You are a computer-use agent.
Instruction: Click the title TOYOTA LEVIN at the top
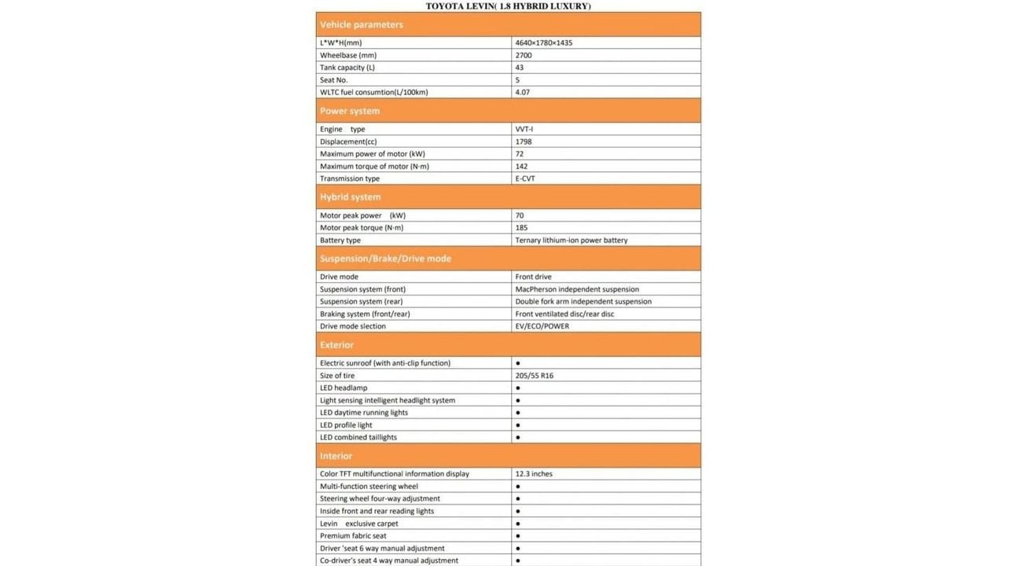tap(508, 6)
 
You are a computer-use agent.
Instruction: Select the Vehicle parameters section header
tap(362, 24)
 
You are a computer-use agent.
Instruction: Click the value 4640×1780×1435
tap(544, 42)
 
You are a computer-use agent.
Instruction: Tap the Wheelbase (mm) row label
tap(348, 55)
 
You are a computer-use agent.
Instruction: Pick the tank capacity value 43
tap(520, 68)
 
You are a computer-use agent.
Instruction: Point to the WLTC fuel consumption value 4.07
tap(523, 92)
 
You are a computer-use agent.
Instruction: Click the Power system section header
tap(350, 111)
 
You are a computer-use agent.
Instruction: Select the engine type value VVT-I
tap(524, 129)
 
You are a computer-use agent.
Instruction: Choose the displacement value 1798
tap(524, 141)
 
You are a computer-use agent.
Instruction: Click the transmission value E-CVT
tap(525, 178)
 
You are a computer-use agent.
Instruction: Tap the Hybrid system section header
tap(350, 197)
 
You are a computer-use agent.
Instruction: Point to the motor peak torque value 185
tap(521, 228)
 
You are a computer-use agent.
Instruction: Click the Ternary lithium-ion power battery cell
tap(572, 240)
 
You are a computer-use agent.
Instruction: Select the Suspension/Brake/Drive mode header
tap(385, 259)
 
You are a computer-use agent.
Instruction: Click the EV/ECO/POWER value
tap(542, 326)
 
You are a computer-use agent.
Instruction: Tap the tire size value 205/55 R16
tap(535, 376)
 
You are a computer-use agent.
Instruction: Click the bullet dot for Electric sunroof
tap(518, 363)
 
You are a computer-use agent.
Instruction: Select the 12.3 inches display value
tap(534, 474)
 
